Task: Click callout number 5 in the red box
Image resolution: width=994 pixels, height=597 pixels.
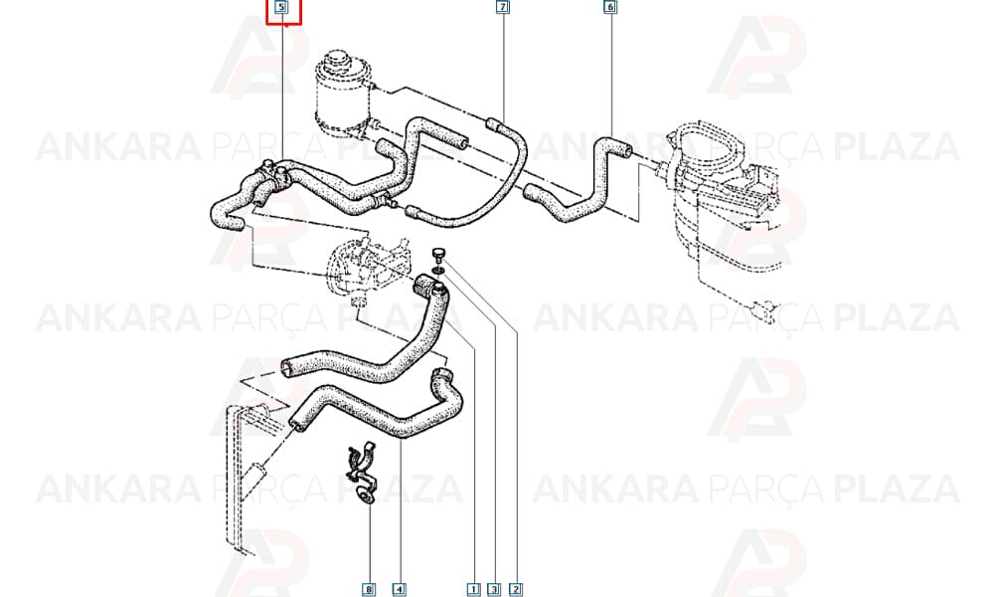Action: point(282,8)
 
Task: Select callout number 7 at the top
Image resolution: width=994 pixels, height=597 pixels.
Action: point(502,7)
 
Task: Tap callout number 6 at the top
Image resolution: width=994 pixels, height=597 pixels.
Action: point(610,7)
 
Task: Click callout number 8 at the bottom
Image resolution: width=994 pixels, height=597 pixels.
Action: point(369,589)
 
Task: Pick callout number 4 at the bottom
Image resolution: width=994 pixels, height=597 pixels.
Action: point(399,589)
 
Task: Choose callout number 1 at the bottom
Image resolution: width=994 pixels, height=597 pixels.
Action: point(473,589)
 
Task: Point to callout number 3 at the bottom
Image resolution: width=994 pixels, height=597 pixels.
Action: point(494,589)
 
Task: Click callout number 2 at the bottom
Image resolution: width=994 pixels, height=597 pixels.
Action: point(516,589)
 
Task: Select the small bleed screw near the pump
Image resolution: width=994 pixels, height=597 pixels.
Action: point(438,255)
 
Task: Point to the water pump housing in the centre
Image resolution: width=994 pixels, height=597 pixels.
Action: point(362,268)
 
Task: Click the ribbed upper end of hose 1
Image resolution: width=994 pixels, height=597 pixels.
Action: point(423,287)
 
